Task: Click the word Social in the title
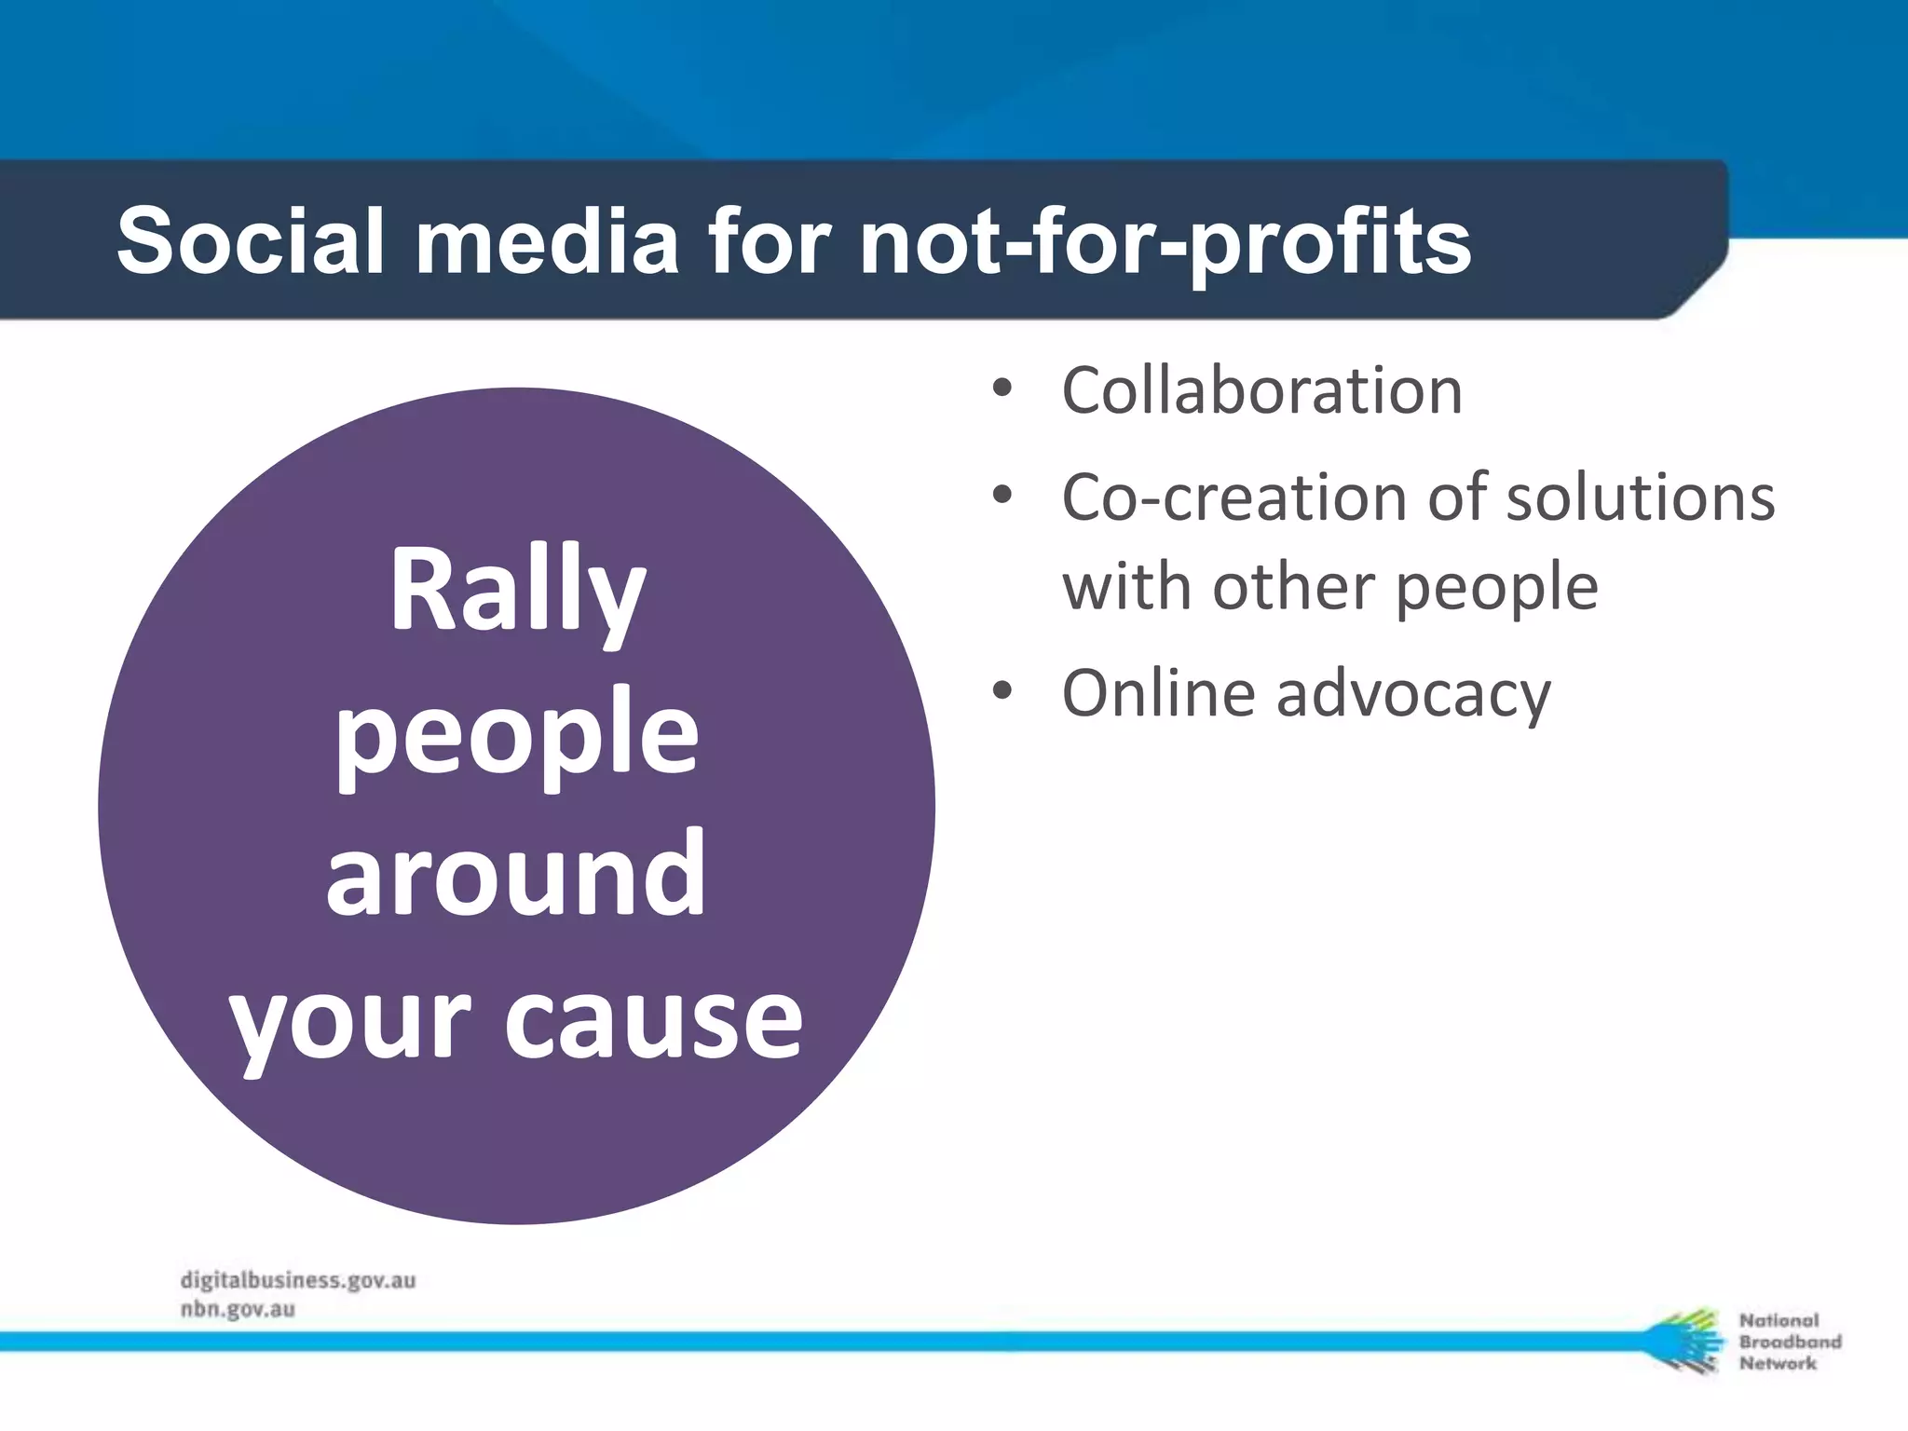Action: click(x=250, y=241)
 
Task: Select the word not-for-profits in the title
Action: click(x=1165, y=241)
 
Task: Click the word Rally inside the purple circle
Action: click(x=517, y=592)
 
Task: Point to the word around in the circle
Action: click(x=515, y=876)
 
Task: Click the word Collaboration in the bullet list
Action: click(x=1261, y=390)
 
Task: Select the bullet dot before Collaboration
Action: click(x=1002, y=389)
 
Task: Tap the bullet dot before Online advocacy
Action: click(x=1002, y=692)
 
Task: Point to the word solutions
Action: click(x=1641, y=497)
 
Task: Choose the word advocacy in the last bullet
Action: click(x=1413, y=695)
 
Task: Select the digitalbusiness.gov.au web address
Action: click(x=297, y=1281)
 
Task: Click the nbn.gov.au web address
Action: click(x=238, y=1309)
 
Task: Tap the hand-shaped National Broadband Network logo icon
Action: click(x=1683, y=1342)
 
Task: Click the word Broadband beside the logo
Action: click(x=1790, y=1342)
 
